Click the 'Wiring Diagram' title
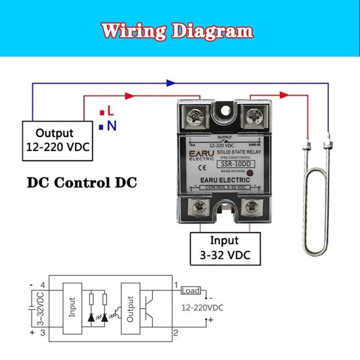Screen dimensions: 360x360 pos(177,31)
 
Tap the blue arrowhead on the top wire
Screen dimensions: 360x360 pos(170,83)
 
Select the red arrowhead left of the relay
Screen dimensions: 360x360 pos(129,95)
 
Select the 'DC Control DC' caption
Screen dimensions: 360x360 pos(82,183)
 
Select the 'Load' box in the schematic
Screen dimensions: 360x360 pos(190,291)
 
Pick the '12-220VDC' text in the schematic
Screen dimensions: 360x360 pos(202,308)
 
